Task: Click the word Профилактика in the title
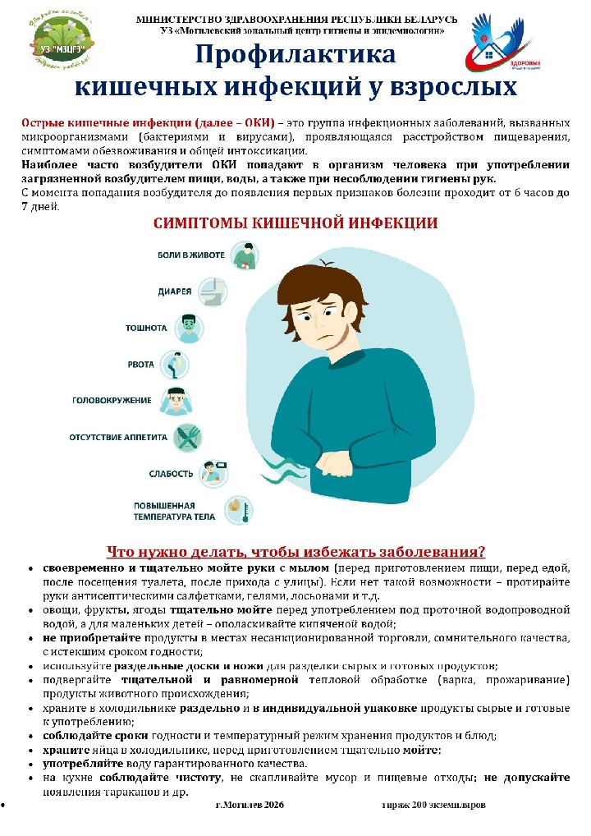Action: tap(295, 56)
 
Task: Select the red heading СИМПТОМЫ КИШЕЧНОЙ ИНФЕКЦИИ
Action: tap(295, 223)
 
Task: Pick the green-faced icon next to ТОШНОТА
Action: tap(188, 327)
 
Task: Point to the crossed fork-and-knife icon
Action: tap(189, 437)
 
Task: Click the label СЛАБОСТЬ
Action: tap(172, 473)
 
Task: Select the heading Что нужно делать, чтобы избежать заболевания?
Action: tap(295, 550)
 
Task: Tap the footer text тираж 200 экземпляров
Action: tap(433, 806)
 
